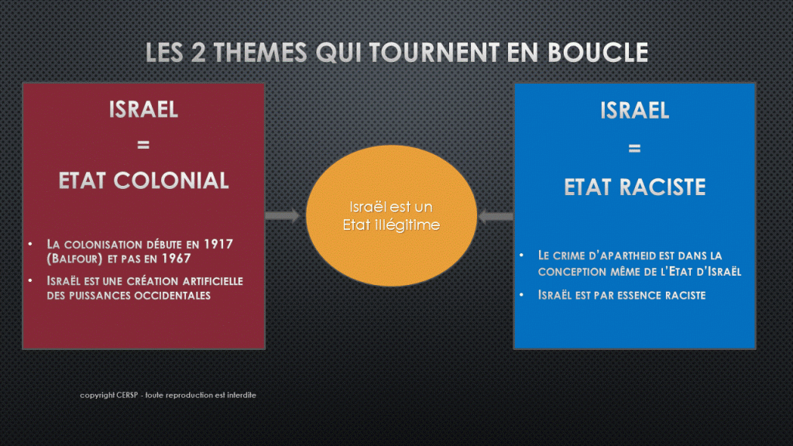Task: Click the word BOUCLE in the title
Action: click(598, 53)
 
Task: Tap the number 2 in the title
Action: click(198, 53)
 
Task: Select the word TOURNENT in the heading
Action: click(434, 53)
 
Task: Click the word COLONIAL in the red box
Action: click(171, 180)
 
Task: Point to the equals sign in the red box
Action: click(143, 145)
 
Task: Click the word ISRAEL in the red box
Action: click(143, 109)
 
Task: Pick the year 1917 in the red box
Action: click(218, 244)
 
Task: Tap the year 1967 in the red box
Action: click(176, 259)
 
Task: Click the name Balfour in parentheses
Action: click(75, 259)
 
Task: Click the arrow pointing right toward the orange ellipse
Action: click(282, 216)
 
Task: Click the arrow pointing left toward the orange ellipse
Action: click(496, 217)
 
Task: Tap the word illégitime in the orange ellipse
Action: click(407, 225)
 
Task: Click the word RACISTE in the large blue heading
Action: click(663, 187)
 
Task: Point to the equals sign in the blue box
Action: click(634, 149)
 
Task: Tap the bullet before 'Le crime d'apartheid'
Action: click(521, 255)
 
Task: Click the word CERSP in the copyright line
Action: click(126, 395)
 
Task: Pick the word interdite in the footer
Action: click(242, 395)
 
